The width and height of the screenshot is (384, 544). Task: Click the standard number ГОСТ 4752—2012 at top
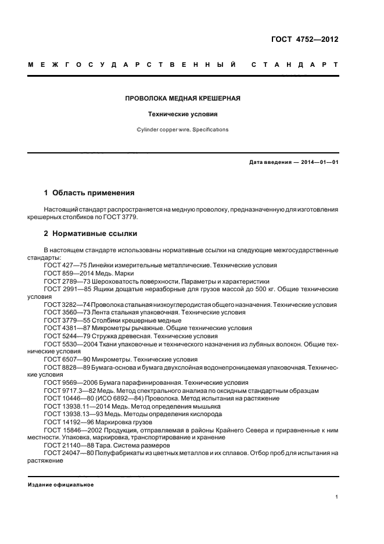(304, 40)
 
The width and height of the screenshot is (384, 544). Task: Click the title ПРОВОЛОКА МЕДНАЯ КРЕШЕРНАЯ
(182, 98)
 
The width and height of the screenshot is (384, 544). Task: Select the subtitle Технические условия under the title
(182, 114)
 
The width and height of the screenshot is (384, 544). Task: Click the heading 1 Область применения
(89, 192)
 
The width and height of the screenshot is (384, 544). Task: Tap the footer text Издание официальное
(61, 485)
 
